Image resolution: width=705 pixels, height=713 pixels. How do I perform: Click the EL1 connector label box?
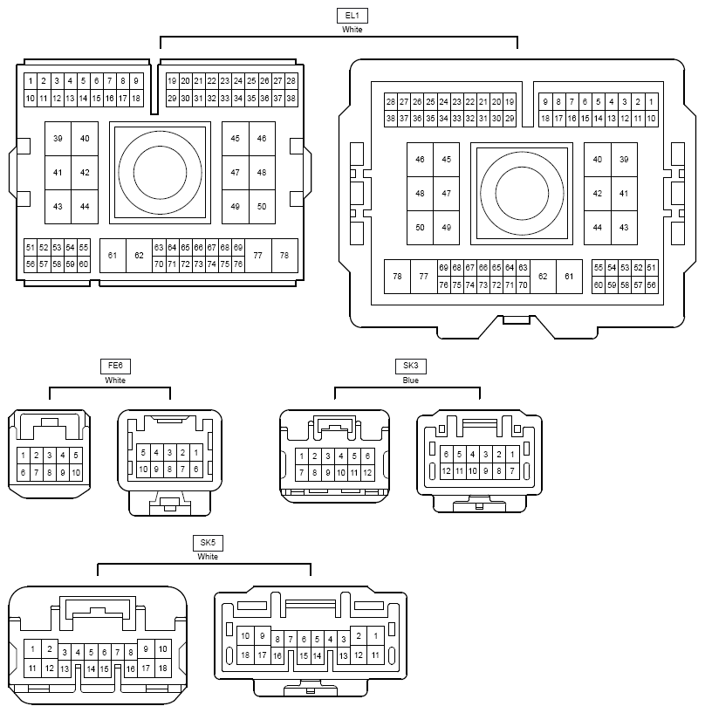coord(352,16)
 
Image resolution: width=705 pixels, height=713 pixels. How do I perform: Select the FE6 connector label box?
coord(115,366)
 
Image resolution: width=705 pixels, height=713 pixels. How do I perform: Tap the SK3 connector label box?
coord(410,366)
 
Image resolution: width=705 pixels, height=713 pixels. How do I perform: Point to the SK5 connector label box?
coord(208,543)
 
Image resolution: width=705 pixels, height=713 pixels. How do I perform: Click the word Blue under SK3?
coord(410,380)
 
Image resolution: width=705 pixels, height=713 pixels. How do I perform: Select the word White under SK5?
coord(208,557)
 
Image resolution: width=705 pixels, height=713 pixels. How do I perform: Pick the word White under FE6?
coord(115,380)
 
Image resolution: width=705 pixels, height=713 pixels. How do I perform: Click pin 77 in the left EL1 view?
coord(258,256)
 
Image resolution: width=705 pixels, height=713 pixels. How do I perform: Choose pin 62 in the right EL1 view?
coord(543,277)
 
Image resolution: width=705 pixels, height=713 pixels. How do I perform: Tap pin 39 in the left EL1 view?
coord(58,139)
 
